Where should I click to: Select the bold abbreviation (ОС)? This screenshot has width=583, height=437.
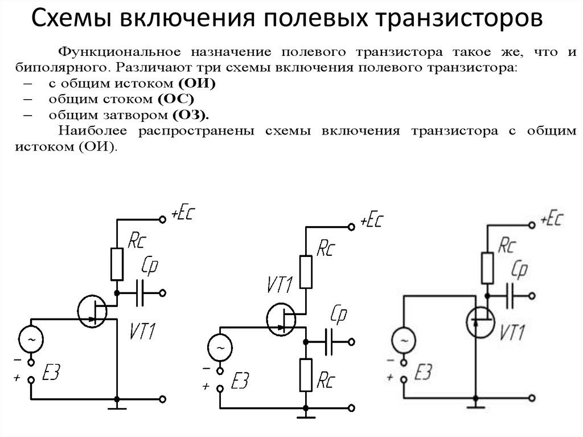(192, 98)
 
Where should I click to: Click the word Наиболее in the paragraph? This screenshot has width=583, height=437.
(91, 130)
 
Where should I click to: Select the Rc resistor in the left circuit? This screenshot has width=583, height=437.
(117, 264)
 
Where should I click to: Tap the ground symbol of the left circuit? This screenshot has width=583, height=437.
(117, 405)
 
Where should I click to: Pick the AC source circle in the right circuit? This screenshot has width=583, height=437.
(403, 341)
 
